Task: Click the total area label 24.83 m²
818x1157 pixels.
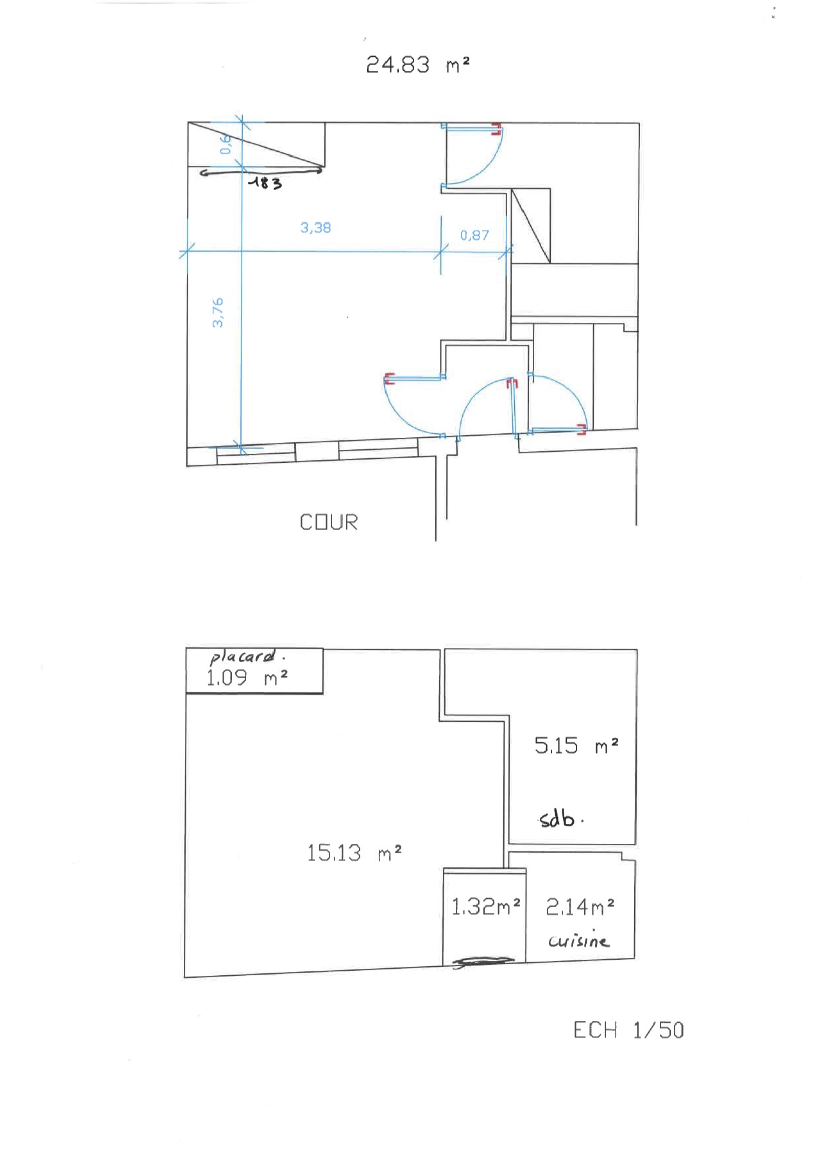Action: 417,65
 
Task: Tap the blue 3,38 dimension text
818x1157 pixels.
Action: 315,228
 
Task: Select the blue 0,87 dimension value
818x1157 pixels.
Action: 474,235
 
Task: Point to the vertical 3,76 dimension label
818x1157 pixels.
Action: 217,312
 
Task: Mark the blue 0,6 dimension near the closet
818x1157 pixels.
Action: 225,144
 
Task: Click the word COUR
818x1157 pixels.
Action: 329,522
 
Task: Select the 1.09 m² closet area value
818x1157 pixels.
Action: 247,678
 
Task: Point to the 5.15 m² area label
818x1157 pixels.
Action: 576,745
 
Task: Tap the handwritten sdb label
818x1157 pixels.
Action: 560,818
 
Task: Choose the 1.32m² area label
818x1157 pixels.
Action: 486,906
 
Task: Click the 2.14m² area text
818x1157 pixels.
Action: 580,907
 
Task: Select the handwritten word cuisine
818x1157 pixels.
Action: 578,940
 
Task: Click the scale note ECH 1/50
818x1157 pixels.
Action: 628,1030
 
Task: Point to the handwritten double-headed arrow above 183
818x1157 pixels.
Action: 261,172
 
